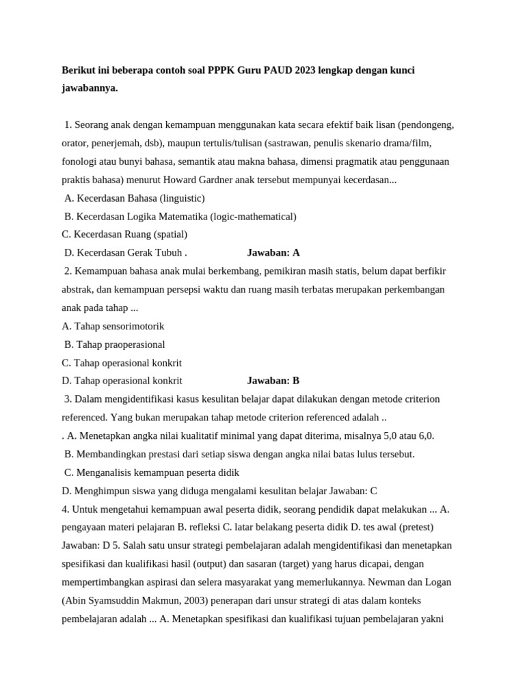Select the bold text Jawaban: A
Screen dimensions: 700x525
(x=273, y=253)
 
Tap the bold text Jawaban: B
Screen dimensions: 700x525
(x=273, y=381)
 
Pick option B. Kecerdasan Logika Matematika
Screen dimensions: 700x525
(x=180, y=217)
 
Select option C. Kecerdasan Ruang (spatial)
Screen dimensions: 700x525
(x=124, y=234)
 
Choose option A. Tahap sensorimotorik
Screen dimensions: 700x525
(x=113, y=326)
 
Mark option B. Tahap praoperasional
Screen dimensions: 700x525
(x=115, y=345)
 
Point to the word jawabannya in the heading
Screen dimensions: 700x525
(x=90, y=88)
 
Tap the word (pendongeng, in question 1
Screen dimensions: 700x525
(x=426, y=125)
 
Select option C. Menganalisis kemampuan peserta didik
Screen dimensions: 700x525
(x=152, y=472)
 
